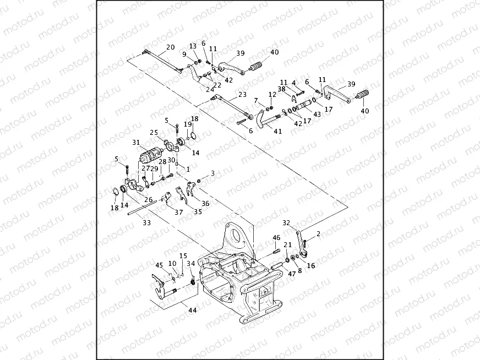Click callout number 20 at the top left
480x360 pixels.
[170, 47]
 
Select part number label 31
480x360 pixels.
[136, 142]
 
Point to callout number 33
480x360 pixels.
[147, 223]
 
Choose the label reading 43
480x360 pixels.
[317, 114]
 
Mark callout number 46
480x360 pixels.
[276, 238]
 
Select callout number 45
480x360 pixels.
[159, 265]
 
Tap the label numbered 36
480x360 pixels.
[205, 203]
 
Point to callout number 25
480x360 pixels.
[154, 133]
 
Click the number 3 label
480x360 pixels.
[212, 173]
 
